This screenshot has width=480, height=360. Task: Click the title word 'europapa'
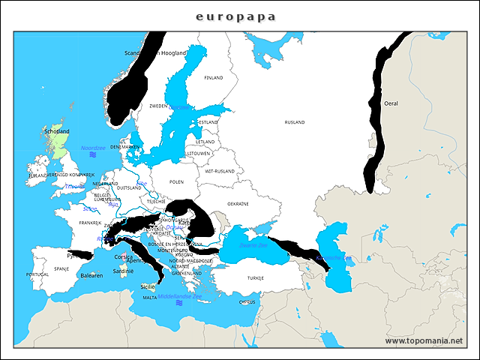(235, 16)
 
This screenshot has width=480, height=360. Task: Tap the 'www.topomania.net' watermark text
(424, 340)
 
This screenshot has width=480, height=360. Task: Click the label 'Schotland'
(57, 131)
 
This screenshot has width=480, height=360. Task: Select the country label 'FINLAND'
(214, 77)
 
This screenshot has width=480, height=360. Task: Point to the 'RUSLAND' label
(295, 121)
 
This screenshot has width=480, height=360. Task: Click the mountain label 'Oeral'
(391, 103)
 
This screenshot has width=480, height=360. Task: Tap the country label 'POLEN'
(176, 181)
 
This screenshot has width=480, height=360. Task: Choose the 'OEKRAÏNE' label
(238, 203)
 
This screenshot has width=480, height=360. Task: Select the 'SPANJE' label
(61, 268)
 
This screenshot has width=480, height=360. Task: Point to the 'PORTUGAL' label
(37, 275)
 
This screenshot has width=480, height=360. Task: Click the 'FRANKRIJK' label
(90, 223)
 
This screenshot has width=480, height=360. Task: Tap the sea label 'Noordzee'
(94, 148)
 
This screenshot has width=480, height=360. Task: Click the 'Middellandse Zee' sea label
(180, 296)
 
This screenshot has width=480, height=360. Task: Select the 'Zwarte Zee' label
(253, 245)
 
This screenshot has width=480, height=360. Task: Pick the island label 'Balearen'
(91, 275)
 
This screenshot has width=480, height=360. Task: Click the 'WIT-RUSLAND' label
(220, 170)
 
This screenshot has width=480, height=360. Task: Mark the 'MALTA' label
(150, 298)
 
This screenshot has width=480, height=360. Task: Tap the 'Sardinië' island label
(122, 271)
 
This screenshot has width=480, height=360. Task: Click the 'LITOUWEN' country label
(199, 153)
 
